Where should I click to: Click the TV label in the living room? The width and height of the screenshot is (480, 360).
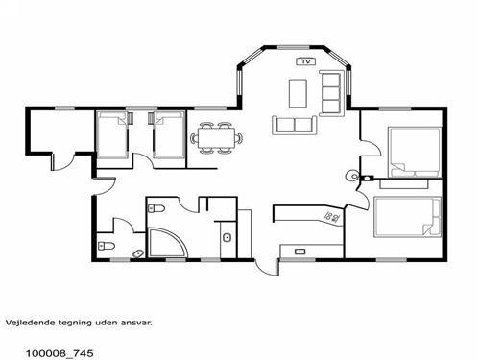(x=306, y=61)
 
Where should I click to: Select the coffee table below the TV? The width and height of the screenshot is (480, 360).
(x=298, y=93)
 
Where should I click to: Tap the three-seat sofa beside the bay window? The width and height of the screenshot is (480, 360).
(x=331, y=93)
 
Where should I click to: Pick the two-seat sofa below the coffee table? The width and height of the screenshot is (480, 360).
(x=295, y=125)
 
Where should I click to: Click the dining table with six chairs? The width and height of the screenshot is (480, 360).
(x=217, y=138)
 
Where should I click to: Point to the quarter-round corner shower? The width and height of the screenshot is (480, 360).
(x=166, y=242)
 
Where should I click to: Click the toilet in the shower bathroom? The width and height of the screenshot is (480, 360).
(x=156, y=208)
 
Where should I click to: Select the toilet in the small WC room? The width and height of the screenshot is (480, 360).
(x=106, y=246)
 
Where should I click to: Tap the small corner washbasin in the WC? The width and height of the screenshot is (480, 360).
(x=139, y=253)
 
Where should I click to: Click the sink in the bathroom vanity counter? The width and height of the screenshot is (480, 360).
(x=227, y=238)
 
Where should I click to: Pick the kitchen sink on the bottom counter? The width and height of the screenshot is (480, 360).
(x=300, y=252)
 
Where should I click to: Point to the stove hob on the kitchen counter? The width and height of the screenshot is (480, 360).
(x=332, y=218)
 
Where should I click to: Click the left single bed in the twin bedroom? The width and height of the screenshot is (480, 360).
(x=112, y=134)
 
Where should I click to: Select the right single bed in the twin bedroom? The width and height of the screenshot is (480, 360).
(x=169, y=134)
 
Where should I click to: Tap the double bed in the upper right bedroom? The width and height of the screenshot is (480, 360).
(x=415, y=153)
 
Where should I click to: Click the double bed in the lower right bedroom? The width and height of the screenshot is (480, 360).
(x=407, y=217)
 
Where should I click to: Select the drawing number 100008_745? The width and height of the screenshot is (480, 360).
(x=60, y=353)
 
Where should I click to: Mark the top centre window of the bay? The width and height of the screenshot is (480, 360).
(x=293, y=48)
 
